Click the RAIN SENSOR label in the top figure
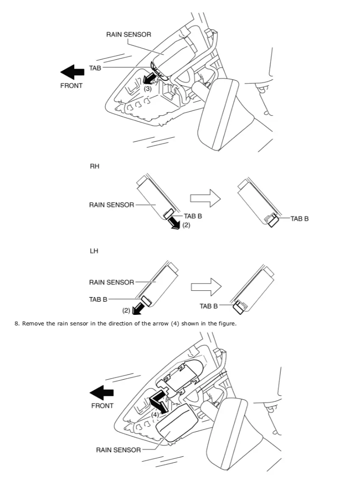pyautogui.click(x=128, y=34)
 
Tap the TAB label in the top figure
pyautogui.click(x=95, y=68)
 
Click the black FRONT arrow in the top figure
pyautogui.click(x=72, y=72)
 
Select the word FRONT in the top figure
pyautogui.click(x=72, y=86)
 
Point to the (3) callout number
pyautogui.click(x=147, y=89)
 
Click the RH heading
pyautogui.click(x=94, y=167)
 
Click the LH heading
pyautogui.click(x=94, y=251)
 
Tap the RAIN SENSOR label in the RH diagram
pyautogui.click(x=111, y=205)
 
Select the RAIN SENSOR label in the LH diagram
pyautogui.click(x=111, y=282)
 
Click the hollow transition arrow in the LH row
pyautogui.click(x=207, y=286)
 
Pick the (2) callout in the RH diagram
pyautogui.click(x=186, y=225)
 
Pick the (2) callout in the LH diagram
pyautogui.click(x=126, y=311)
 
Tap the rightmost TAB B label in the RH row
pyautogui.click(x=299, y=219)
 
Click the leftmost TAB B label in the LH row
pyautogui.click(x=98, y=300)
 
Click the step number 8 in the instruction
pyautogui.click(x=17, y=324)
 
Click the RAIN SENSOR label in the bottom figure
pyautogui.click(x=118, y=450)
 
